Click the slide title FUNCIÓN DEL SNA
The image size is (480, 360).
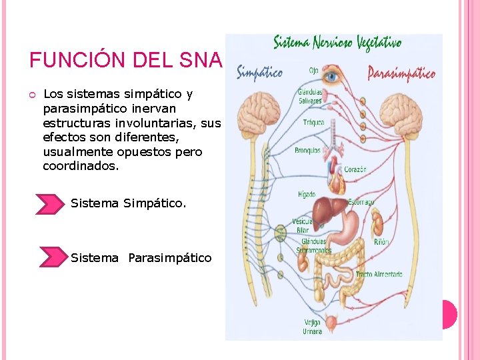tap(125, 60)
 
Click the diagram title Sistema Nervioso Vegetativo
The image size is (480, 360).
tap(338, 43)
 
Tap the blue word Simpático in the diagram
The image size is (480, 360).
tap(259, 72)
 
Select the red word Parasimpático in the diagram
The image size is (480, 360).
tap(402, 73)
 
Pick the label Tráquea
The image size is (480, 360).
tap(314, 123)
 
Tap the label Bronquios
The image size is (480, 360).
tap(307, 151)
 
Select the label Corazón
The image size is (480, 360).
tap(355, 169)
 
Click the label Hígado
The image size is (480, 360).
tap(307, 195)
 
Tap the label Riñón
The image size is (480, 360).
tap(381, 243)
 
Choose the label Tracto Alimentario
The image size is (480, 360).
tap(379, 274)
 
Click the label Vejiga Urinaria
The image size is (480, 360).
tap(311, 327)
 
